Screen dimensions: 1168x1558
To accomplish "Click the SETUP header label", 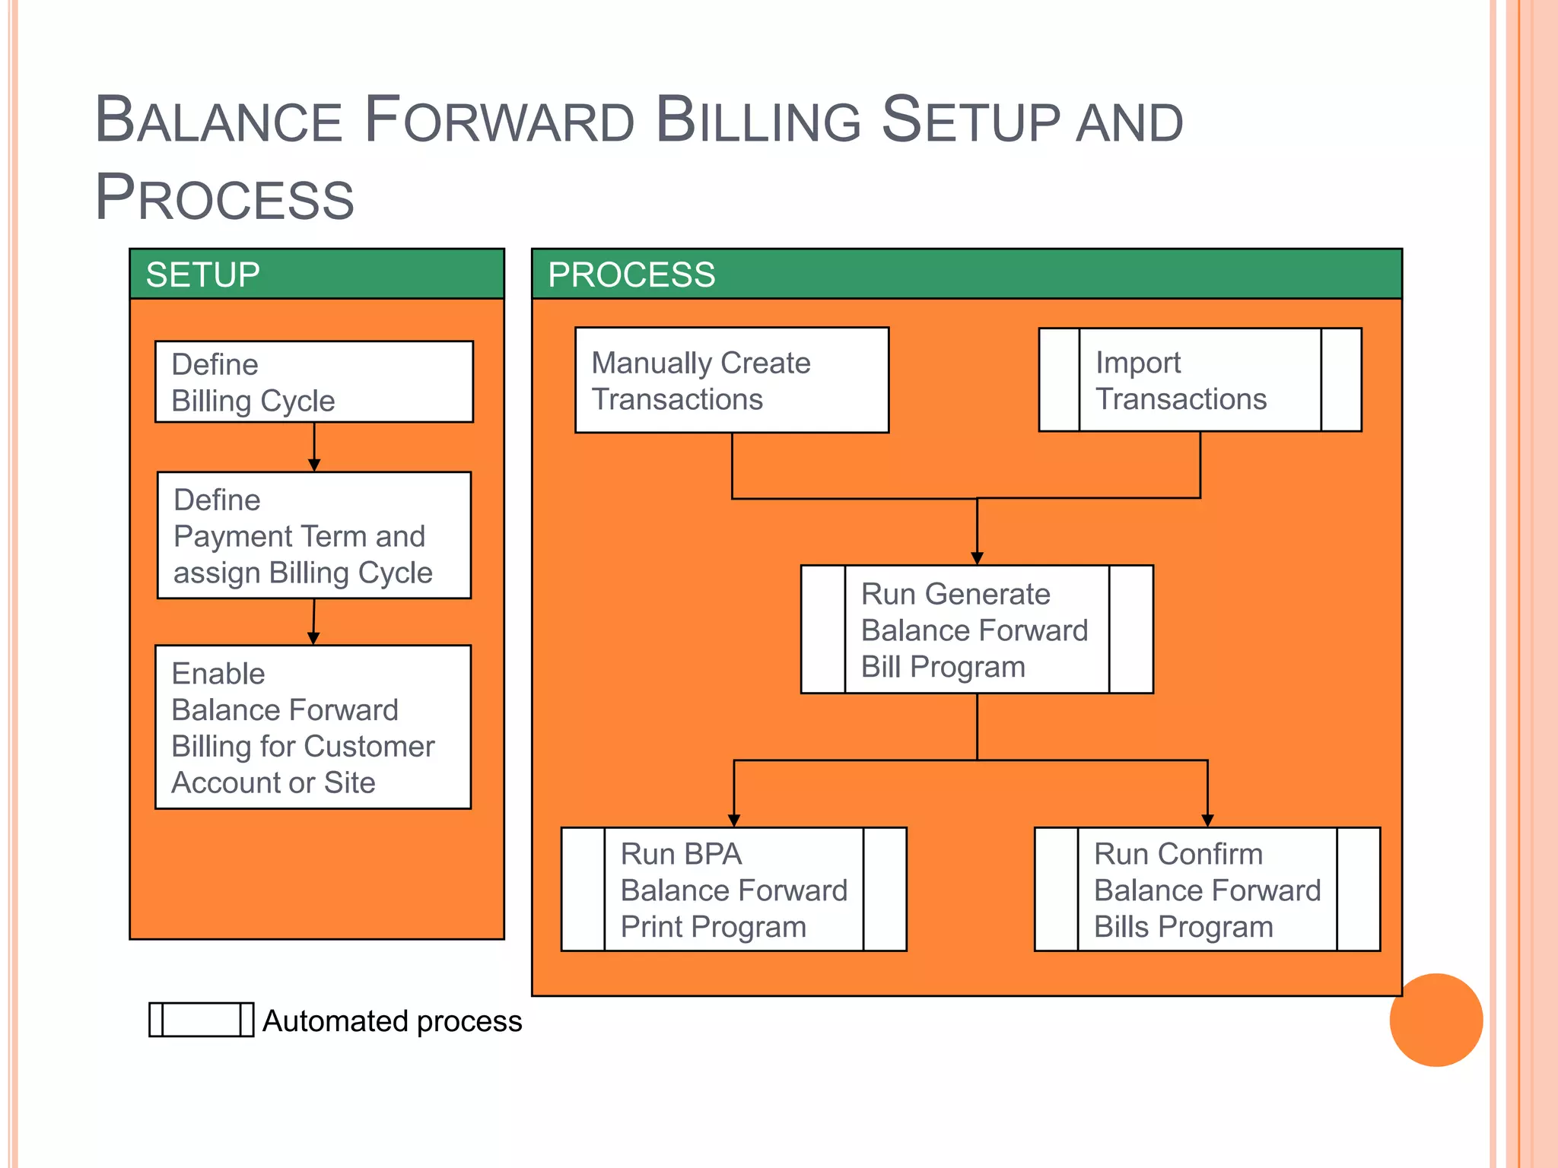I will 202,275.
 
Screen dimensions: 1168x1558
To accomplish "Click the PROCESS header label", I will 631,275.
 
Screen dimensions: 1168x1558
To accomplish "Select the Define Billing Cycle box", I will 313,382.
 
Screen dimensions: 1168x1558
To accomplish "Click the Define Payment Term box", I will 313,535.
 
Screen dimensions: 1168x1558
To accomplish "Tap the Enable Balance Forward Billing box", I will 313,727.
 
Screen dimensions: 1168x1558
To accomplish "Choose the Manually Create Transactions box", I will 732,380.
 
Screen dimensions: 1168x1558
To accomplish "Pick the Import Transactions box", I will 1200,380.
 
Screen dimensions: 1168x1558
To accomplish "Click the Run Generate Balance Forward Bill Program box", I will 977,630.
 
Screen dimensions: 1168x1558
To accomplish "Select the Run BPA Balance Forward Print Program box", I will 733,889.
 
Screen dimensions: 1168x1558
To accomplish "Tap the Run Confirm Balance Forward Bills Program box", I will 1207,889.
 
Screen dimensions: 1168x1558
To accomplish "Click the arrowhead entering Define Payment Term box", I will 314,465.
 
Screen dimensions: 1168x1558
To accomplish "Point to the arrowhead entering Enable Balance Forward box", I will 313,638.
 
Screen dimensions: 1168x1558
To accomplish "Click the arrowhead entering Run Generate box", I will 977,558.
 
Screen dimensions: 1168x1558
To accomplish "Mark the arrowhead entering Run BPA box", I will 734,820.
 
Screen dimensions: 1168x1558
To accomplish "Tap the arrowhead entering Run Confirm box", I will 1207,820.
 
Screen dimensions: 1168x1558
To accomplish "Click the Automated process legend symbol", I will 201,1020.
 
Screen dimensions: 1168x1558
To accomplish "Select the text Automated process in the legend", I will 392,1021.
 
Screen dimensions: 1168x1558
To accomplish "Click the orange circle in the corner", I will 1436,1020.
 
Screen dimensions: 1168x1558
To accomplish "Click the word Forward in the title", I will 499,122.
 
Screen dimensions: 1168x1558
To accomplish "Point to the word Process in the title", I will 224,198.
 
